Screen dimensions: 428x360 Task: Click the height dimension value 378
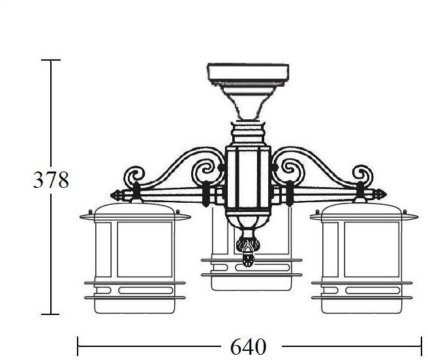[51, 180]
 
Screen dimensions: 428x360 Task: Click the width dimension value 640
[248, 346]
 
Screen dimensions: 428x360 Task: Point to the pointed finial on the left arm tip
[117, 195]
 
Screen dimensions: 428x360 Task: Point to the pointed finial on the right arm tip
[380, 194]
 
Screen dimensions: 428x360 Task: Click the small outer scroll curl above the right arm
[363, 174]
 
